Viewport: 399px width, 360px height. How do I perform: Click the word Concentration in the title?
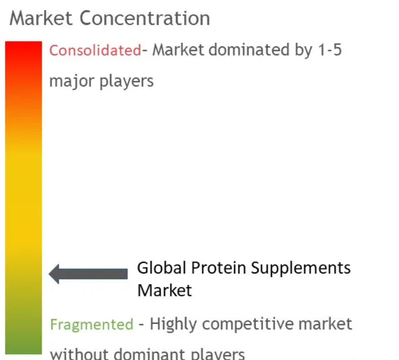145,18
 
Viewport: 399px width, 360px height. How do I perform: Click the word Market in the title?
41,18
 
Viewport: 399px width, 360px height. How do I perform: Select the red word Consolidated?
95,50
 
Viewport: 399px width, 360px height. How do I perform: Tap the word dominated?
249,49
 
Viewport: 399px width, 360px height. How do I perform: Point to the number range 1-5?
330,50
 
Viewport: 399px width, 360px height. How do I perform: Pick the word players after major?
127,81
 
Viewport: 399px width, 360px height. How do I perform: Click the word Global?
162,268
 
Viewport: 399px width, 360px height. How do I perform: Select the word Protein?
218,268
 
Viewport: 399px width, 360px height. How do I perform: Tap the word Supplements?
301,269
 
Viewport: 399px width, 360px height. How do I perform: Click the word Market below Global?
164,291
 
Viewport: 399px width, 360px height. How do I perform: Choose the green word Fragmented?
92,325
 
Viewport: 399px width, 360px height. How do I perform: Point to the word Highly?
173,325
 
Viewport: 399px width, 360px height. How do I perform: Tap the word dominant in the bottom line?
150,354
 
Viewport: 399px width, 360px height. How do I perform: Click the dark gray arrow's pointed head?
49,274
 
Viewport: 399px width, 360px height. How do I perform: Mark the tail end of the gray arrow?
127,274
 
